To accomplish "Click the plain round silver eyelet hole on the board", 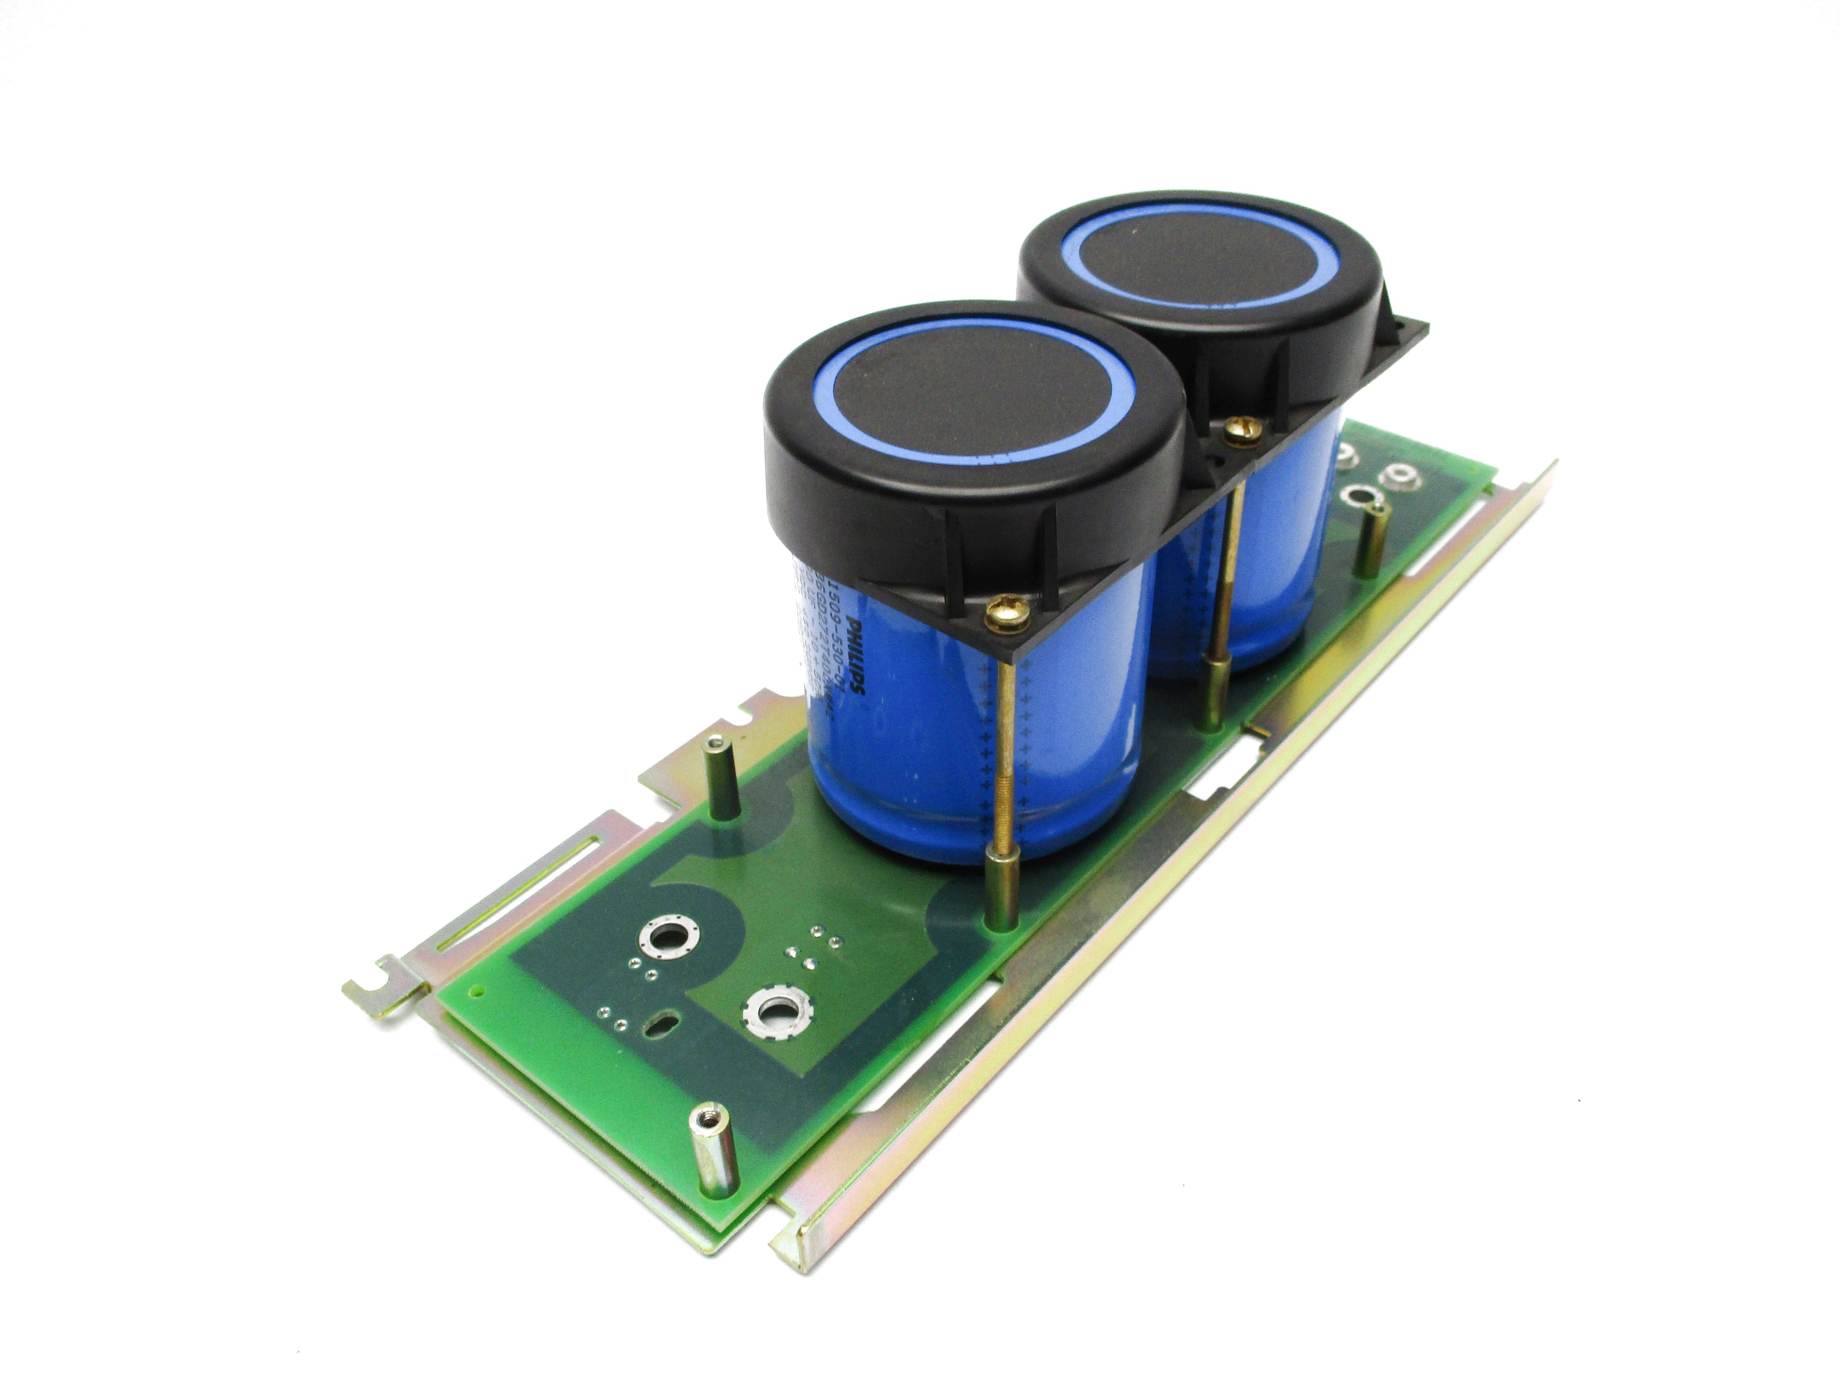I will (x=664, y=939).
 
